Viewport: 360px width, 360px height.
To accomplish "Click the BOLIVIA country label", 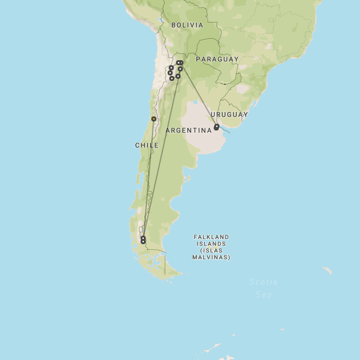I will pyautogui.click(x=187, y=25).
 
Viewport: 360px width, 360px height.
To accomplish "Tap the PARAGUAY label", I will pyautogui.click(x=217, y=59).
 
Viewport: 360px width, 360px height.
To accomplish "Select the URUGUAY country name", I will pyautogui.click(x=229, y=115).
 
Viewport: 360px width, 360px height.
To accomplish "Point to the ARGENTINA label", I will pyautogui.click(x=188, y=130).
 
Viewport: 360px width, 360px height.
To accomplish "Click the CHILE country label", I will pyautogui.click(x=147, y=145).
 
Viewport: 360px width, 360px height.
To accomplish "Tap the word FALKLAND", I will pyautogui.click(x=211, y=237).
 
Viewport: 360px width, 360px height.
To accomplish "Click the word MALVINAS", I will pyautogui.click(x=211, y=257).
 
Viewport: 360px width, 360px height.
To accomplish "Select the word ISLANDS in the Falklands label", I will pyautogui.click(x=211, y=244).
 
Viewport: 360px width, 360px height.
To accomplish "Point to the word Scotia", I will pyautogui.click(x=263, y=282).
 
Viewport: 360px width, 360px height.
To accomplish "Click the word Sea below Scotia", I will pyautogui.click(x=264, y=294).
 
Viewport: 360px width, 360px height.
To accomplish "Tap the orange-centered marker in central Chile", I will pyautogui.click(x=154, y=119).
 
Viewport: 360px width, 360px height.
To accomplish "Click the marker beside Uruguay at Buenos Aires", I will pyautogui.click(x=217, y=127).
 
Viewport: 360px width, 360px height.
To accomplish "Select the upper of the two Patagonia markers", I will pyautogui.click(x=143, y=237).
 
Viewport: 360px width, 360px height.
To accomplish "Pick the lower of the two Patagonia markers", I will pyautogui.click(x=143, y=242).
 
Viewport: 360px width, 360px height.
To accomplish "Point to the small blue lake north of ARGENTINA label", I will pyautogui.click(x=195, y=103).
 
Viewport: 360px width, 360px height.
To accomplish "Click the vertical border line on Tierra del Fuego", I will pyautogui.click(x=165, y=267).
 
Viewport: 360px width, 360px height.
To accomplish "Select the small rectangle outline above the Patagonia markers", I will pyautogui.click(x=141, y=229).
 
